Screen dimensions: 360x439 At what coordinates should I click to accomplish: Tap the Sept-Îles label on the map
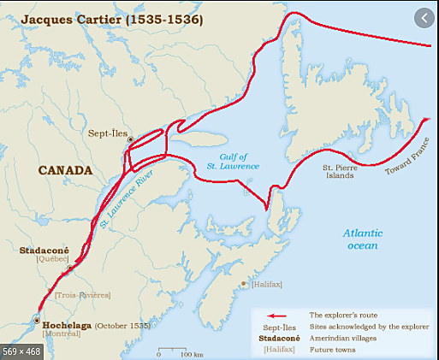coord(107,133)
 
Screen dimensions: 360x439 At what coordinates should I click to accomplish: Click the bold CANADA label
coord(65,170)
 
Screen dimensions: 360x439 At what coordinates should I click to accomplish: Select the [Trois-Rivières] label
coord(83,294)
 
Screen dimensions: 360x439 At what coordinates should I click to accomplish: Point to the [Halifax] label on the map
coord(266,284)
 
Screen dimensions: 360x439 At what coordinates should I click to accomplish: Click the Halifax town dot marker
coord(246,284)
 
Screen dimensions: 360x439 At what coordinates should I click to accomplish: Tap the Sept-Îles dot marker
coord(130,139)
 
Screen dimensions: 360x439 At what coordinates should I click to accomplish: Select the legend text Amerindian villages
coord(347,338)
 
